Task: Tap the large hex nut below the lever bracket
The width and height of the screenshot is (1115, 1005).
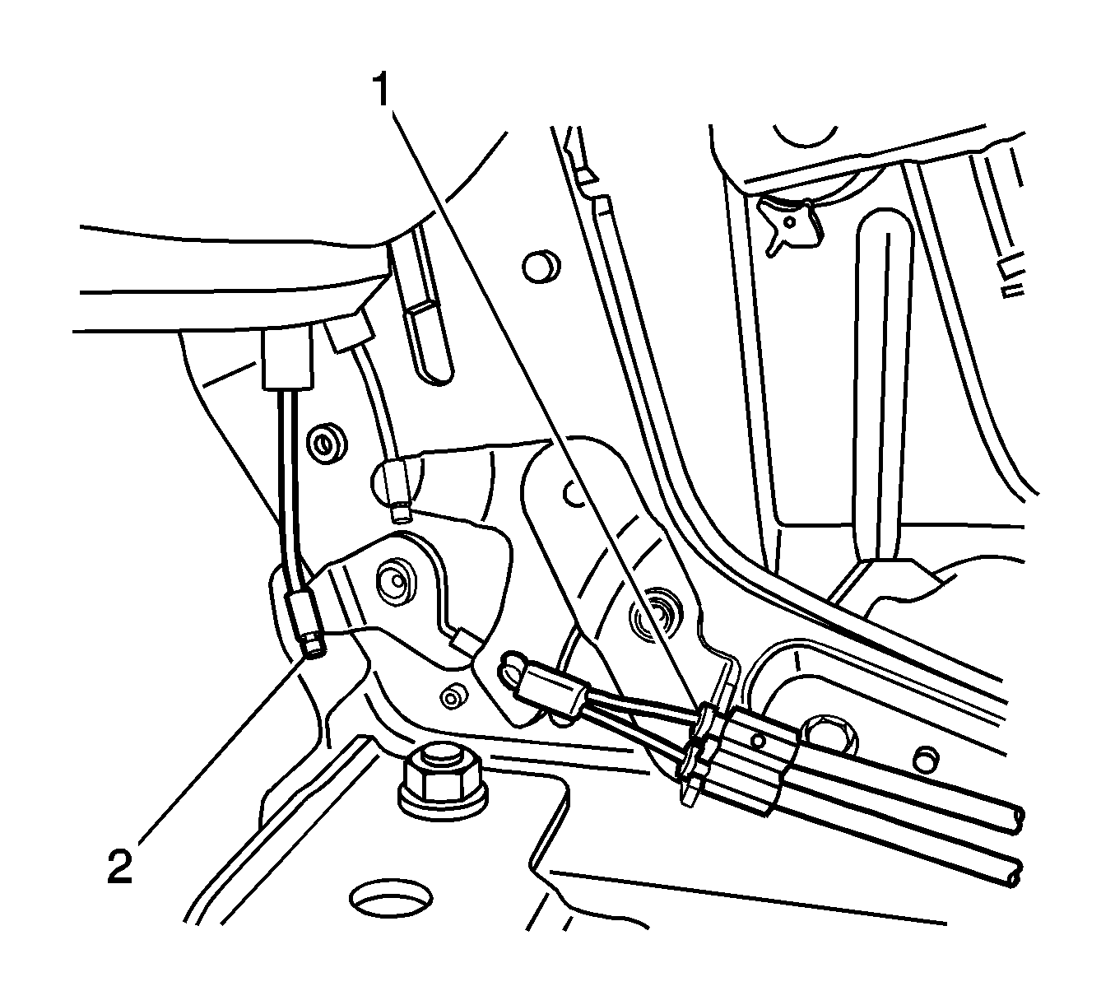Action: tap(443, 783)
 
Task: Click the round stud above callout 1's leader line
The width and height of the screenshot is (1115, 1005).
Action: tap(541, 267)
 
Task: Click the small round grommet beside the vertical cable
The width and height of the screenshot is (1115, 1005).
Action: tap(328, 444)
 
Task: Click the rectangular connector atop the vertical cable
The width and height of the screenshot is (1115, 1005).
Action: tap(286, 360)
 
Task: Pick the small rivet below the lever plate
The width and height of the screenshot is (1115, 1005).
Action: tap(450, 697)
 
